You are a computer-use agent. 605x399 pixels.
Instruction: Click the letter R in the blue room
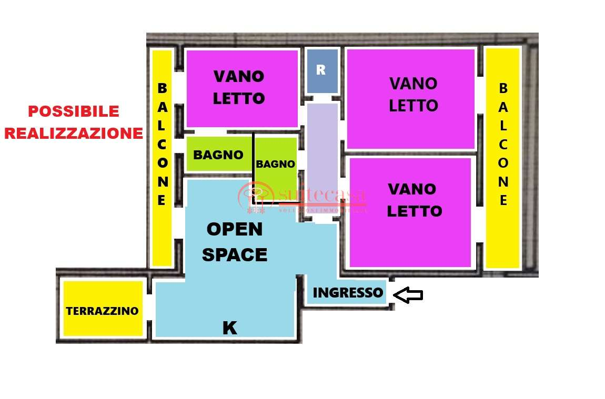click(x=321, y=70)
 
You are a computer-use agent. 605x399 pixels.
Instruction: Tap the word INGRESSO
click(x=348, y=293)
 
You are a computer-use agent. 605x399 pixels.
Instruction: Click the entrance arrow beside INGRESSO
click(x=408, y=295)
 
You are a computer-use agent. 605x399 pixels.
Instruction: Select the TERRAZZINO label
click(x=102, y=311)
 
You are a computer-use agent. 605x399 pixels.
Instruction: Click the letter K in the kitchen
click(x=229, y=328)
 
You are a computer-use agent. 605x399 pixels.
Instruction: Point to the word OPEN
click(x=234, y=229)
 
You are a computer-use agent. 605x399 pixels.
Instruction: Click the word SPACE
click(x=235, y=255)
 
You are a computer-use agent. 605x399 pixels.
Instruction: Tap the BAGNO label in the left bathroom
click(x=218, y=155)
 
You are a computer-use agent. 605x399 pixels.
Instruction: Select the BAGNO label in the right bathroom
click(x=275, y=164)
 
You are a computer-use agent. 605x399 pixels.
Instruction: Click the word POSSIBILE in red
click(x=74, y=111)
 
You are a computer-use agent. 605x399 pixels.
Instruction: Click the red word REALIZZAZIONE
click(x=74, y=133)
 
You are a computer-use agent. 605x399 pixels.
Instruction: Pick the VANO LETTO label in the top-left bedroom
click(x=239, y=87)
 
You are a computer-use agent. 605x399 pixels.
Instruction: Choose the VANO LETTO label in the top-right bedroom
click(x=414, y=95)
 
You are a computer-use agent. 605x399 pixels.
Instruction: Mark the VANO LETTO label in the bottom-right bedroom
click(x=414, y=200)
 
